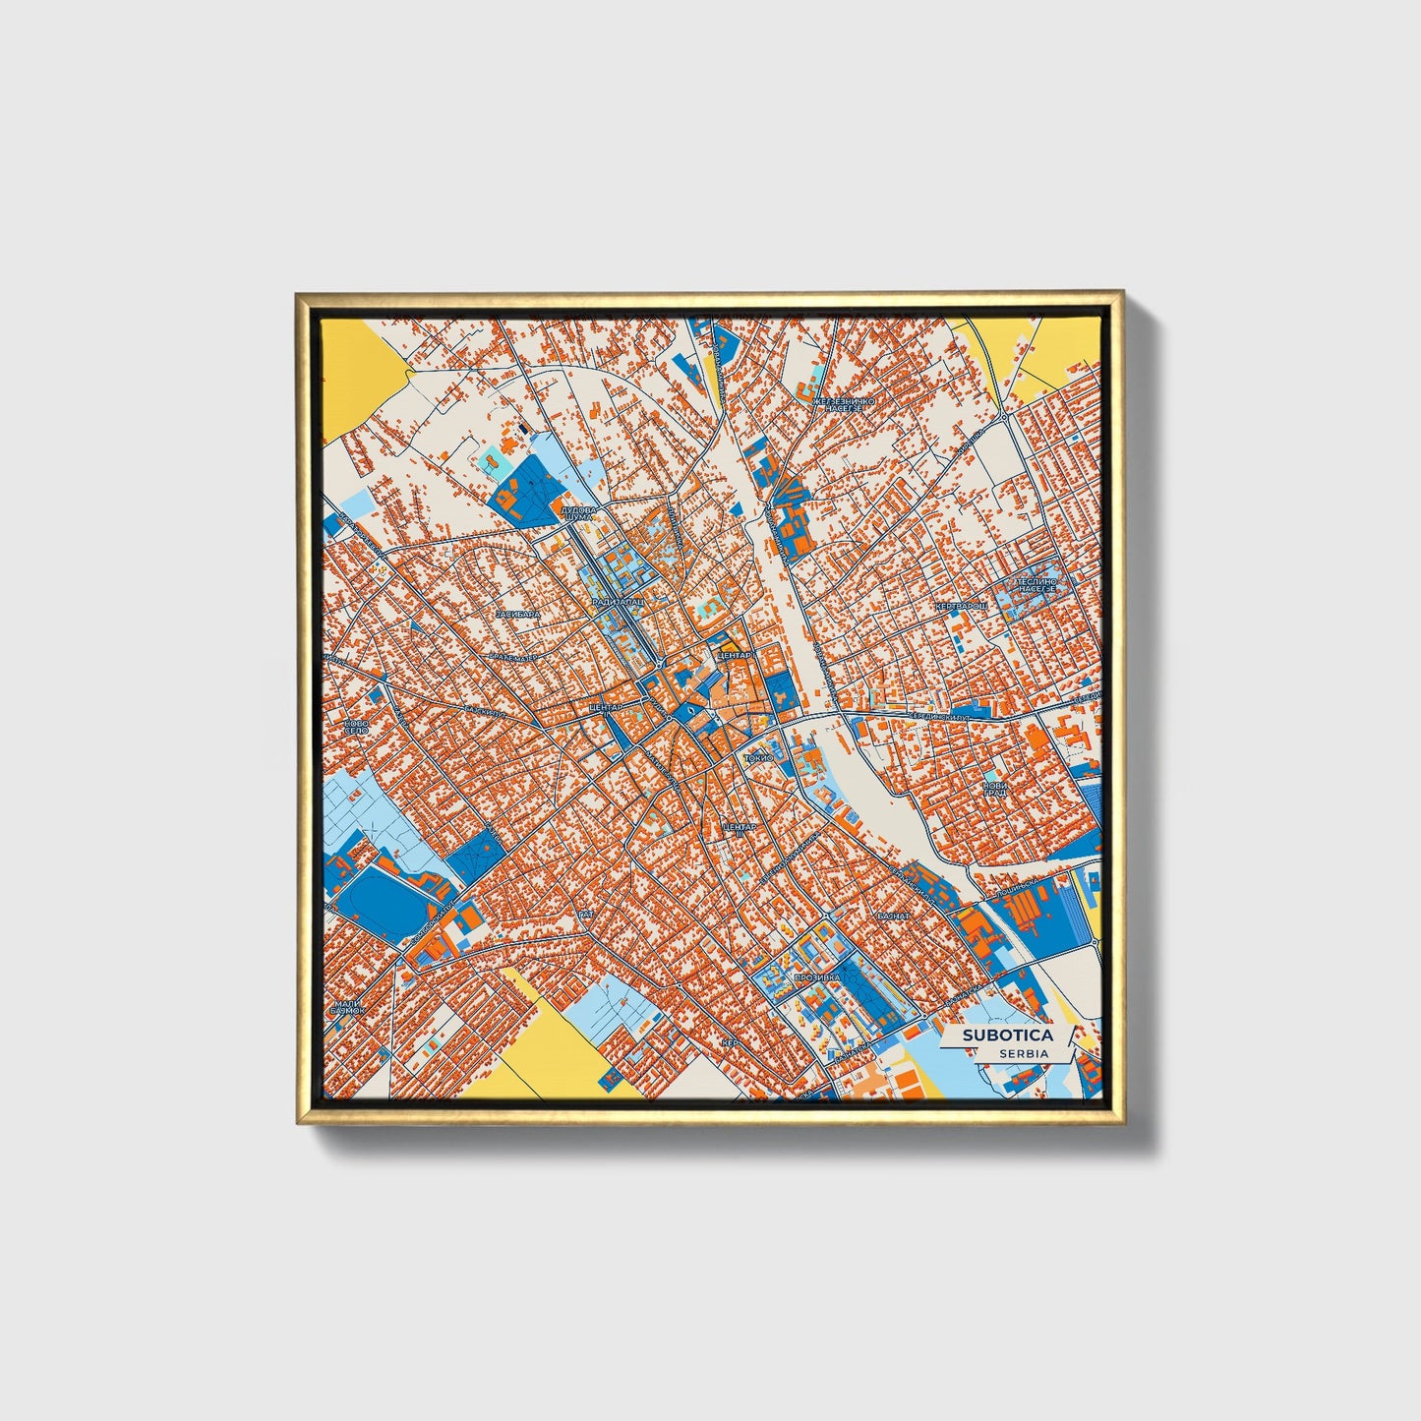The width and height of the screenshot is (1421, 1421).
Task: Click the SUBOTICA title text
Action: [x=1007, y=1035]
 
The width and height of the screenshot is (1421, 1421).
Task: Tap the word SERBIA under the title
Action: [x=1024, y=1053]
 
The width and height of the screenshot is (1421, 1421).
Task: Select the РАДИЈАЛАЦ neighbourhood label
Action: [x=619, y=601]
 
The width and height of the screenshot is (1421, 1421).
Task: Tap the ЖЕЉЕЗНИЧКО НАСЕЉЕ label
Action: [x=837, y=404]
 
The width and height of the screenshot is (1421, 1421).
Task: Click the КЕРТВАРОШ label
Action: [x=960, y=606]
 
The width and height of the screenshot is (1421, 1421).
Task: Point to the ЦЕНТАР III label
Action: [x=740, y=829]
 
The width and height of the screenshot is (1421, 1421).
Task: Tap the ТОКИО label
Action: [x=760, y=758]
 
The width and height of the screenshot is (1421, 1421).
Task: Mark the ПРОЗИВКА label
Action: [x=816, y=977]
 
